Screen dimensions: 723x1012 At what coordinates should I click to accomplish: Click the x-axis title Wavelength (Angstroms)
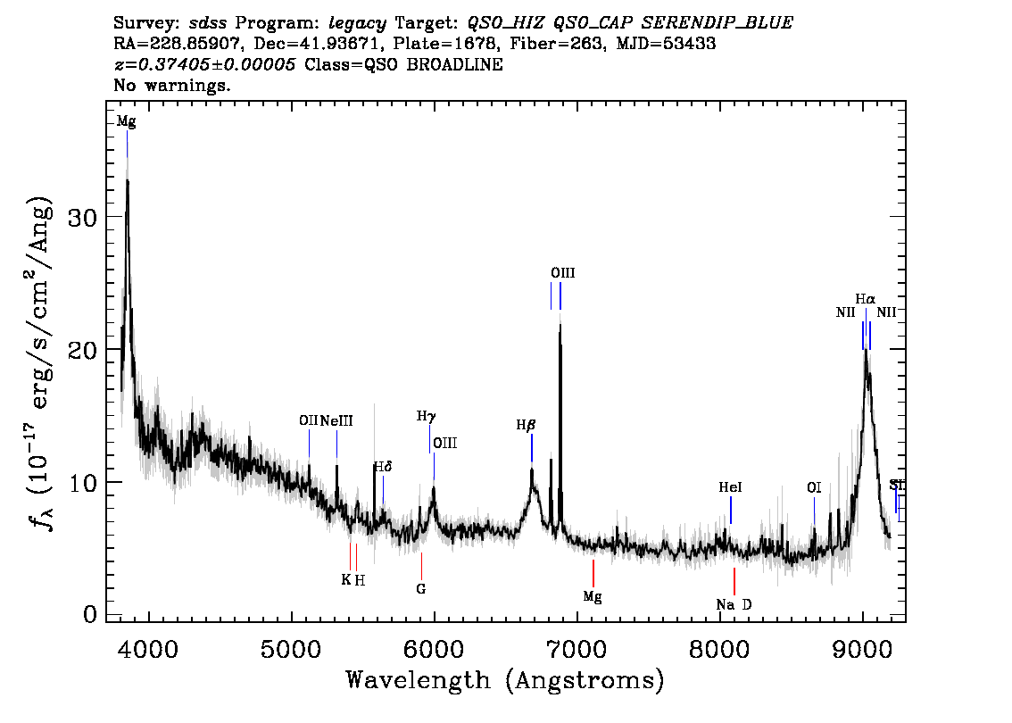[x=505, y=680]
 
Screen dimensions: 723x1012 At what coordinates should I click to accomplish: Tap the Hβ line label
[x=526, y=426]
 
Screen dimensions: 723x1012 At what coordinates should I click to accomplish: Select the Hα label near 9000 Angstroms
[x=865, y=299]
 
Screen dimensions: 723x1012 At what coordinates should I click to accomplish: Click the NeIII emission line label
[x=336, y=420]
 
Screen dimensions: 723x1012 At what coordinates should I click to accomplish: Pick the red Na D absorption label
[x=734, y=604]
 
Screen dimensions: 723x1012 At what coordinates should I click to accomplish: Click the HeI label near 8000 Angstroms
[x=730, y=487]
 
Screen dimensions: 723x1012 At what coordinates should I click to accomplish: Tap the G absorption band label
[x=421, y=589]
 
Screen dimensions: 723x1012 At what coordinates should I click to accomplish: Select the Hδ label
[x=383, y=467]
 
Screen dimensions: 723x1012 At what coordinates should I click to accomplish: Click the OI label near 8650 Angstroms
[x=814, y=487]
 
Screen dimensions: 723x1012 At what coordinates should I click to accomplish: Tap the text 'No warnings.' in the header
[x=172, y=86]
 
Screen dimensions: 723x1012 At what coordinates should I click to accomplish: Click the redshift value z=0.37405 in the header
[x=205, y=65]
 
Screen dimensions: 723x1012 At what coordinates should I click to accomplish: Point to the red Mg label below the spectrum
[x=593, y=596]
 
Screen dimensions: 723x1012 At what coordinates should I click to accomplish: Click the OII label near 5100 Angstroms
[x=308, y=420]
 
